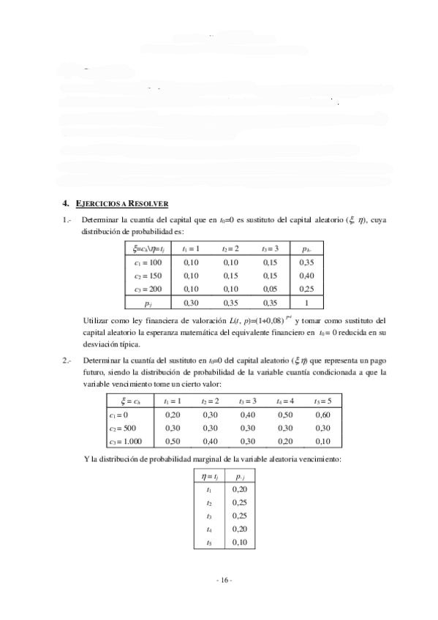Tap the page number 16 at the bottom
click(x=224, y=581)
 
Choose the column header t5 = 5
click(x=322, y=401)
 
